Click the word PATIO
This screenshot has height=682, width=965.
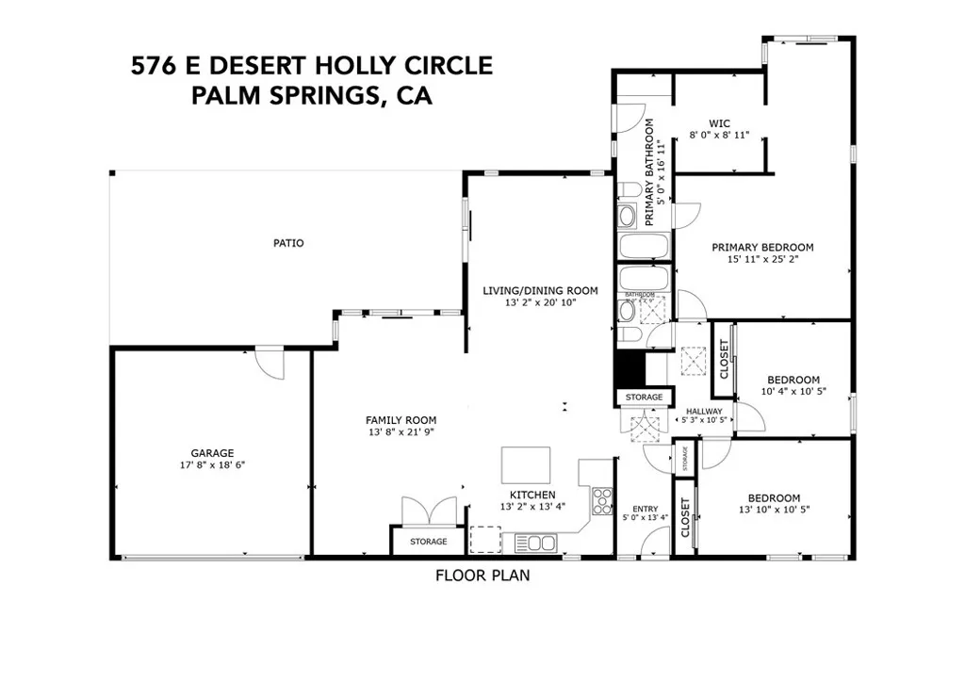click(288, 243)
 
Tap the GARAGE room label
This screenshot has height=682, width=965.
click(211, 452)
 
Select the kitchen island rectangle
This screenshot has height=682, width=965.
click(526, 464)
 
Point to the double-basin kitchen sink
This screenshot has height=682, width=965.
click(534, 543)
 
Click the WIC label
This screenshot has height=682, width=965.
click(720, 122)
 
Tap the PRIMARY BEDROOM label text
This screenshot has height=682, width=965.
click(762, 248)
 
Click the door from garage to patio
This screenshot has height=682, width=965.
click(270, 364)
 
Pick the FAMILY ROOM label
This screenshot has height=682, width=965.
click(401, 420)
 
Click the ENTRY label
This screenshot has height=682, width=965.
click(645, 509)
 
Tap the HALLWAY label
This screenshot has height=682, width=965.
click(703, 412)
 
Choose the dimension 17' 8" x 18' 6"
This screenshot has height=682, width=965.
click(211, 465)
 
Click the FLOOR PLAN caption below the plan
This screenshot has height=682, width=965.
click(482, 576)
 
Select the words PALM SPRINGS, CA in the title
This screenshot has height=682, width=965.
click(312, 95)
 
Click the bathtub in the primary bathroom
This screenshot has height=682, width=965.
click(644, 248)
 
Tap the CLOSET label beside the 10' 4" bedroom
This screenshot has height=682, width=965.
click(724, 359)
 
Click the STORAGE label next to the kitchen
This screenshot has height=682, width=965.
click(428, 542)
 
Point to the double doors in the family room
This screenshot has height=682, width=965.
click(430, 511)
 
